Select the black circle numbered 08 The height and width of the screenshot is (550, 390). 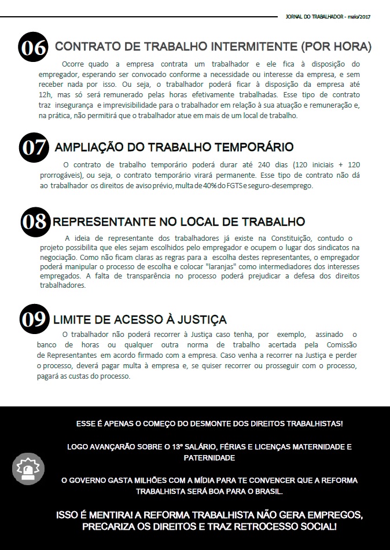[36, 222]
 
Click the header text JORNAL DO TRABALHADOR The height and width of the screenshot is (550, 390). [315, 17]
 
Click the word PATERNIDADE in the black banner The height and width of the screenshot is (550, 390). [209, 457]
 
